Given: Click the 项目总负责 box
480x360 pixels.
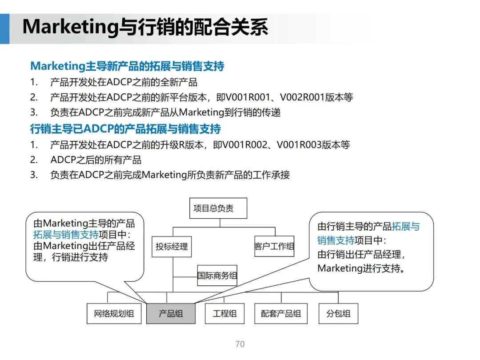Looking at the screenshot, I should coord(218,208).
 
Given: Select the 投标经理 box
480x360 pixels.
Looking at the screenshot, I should coord(172,246).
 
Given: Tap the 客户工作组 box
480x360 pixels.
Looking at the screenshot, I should coord(274,246).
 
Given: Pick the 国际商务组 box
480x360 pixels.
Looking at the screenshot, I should coord(217,276).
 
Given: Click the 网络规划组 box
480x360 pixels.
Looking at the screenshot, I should coord(114,313).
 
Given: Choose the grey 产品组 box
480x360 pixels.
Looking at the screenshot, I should coord(171,313).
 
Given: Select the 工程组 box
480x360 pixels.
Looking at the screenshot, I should coord(225,313).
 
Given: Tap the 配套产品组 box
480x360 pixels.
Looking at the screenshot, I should coord(281,313).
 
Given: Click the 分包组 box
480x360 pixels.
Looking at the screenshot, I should coord(338,313).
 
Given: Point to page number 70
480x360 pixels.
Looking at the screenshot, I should coord(240,344).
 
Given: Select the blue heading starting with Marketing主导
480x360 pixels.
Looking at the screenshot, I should coord(127,66).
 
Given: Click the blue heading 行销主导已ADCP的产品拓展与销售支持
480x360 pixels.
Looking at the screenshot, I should coord(125,129).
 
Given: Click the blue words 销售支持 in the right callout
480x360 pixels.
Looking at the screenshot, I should coord(336,240).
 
